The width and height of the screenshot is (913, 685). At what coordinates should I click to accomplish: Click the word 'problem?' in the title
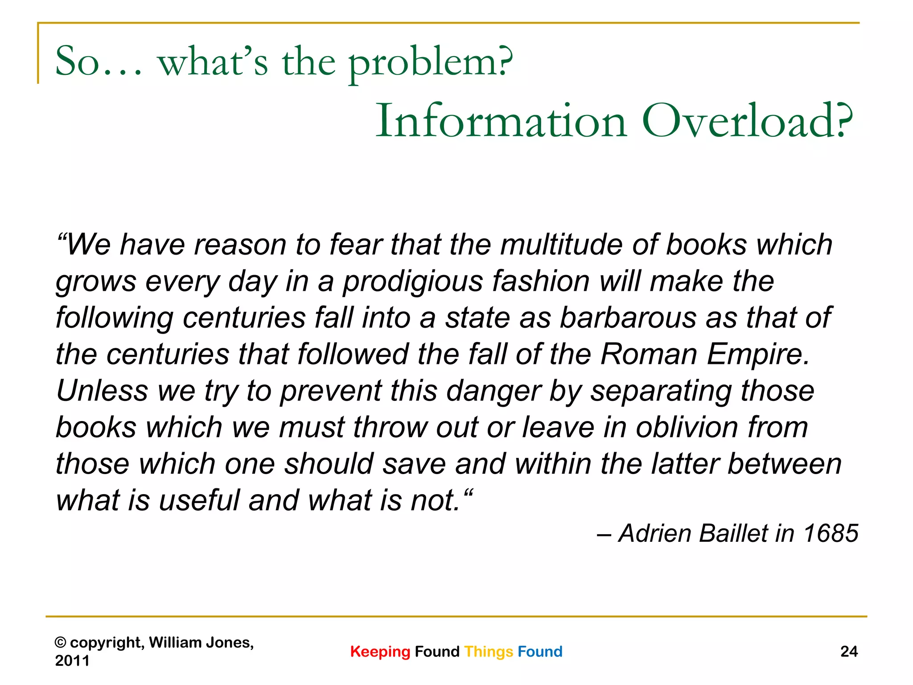coord(430,62)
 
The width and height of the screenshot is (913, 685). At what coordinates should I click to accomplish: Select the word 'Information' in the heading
coord(502,121)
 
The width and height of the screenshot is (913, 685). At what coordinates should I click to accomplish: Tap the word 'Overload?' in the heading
coord(747,121)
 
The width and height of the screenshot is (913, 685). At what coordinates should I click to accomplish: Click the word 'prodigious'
coord(413,282)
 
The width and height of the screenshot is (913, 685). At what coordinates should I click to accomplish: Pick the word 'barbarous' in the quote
coord(628,318)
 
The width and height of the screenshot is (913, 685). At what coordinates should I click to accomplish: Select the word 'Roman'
coord(649,355)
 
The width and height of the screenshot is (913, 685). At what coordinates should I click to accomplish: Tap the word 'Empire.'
coord(758,355)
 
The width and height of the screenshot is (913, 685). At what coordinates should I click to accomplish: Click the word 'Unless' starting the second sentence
coord(102,391)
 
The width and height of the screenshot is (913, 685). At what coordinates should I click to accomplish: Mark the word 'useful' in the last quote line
coord(199,500)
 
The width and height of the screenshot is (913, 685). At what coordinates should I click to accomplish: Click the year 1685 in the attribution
coord(831,533)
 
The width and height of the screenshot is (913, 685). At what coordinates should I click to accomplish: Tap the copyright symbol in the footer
coord(60,643)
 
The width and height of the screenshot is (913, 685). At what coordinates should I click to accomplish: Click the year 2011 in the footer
coord(72,661)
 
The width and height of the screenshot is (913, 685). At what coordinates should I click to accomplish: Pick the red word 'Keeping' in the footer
coord(380,652)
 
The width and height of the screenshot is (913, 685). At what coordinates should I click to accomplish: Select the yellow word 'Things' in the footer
coord(489,652)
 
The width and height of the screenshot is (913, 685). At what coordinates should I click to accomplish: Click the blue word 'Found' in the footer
coord(540,652)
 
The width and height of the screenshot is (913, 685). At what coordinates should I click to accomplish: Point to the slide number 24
coord(849,652)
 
